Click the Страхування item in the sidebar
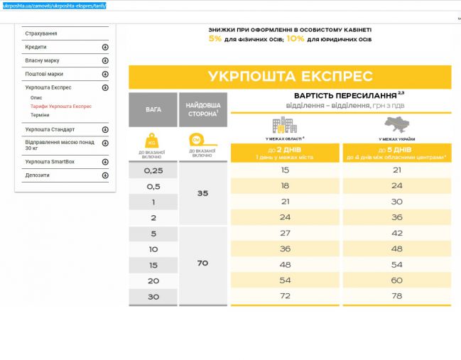point(41,33)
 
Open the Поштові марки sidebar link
point(44,74)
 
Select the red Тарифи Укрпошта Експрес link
point(61,106)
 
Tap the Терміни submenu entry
point(40,114)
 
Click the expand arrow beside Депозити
point(105,175)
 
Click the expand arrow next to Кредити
point(105,47)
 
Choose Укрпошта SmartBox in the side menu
point(50,161)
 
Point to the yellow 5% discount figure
point(215,39)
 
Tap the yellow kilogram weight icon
point(153,139)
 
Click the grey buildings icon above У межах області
point(284,126)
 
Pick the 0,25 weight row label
point(153,170)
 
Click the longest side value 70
point(202,263)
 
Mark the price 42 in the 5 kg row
point(397,233)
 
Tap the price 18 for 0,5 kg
point(285,186)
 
